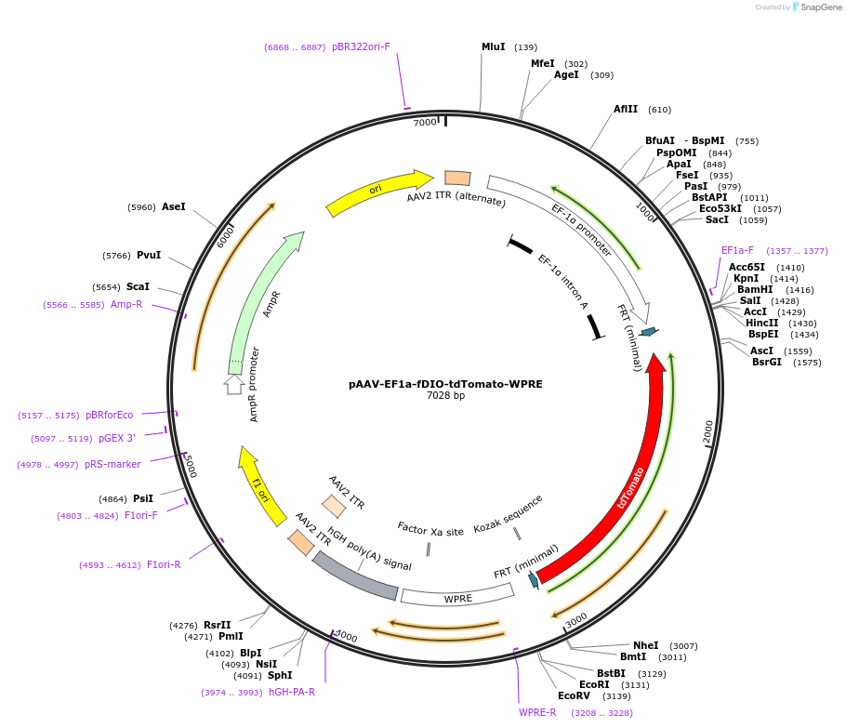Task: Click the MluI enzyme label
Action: [493, 46]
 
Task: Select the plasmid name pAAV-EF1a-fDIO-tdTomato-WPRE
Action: [445, 383]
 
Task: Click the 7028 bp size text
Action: [445, 396]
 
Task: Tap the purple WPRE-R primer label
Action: [537, 712]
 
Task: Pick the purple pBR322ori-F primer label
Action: [361, 46]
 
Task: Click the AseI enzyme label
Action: [174, 206]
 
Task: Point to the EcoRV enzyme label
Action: [574, 695]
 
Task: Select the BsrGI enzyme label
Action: [767, 362]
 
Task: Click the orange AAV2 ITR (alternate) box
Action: [457, 178]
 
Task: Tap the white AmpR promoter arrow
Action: [234, 384]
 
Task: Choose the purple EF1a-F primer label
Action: [737, 250]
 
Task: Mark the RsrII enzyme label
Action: [217, 625]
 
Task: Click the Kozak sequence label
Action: [508, 514]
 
